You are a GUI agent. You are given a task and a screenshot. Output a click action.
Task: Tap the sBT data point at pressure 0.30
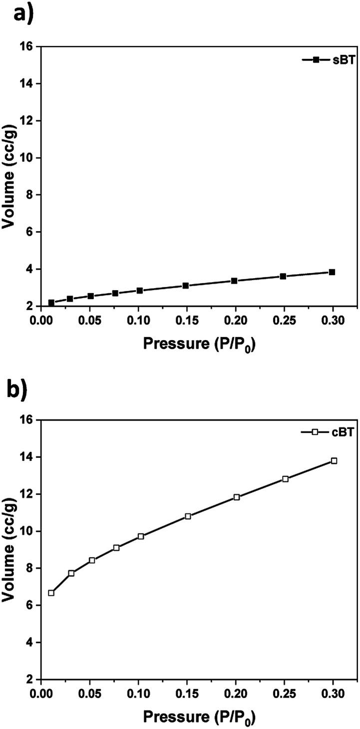[332, 272]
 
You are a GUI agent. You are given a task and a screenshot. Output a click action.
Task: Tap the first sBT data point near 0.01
[51, 303]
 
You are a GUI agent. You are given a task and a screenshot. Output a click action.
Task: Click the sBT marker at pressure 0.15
[186, 286]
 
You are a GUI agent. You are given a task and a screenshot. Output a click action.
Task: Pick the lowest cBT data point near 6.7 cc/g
[51, 593]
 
